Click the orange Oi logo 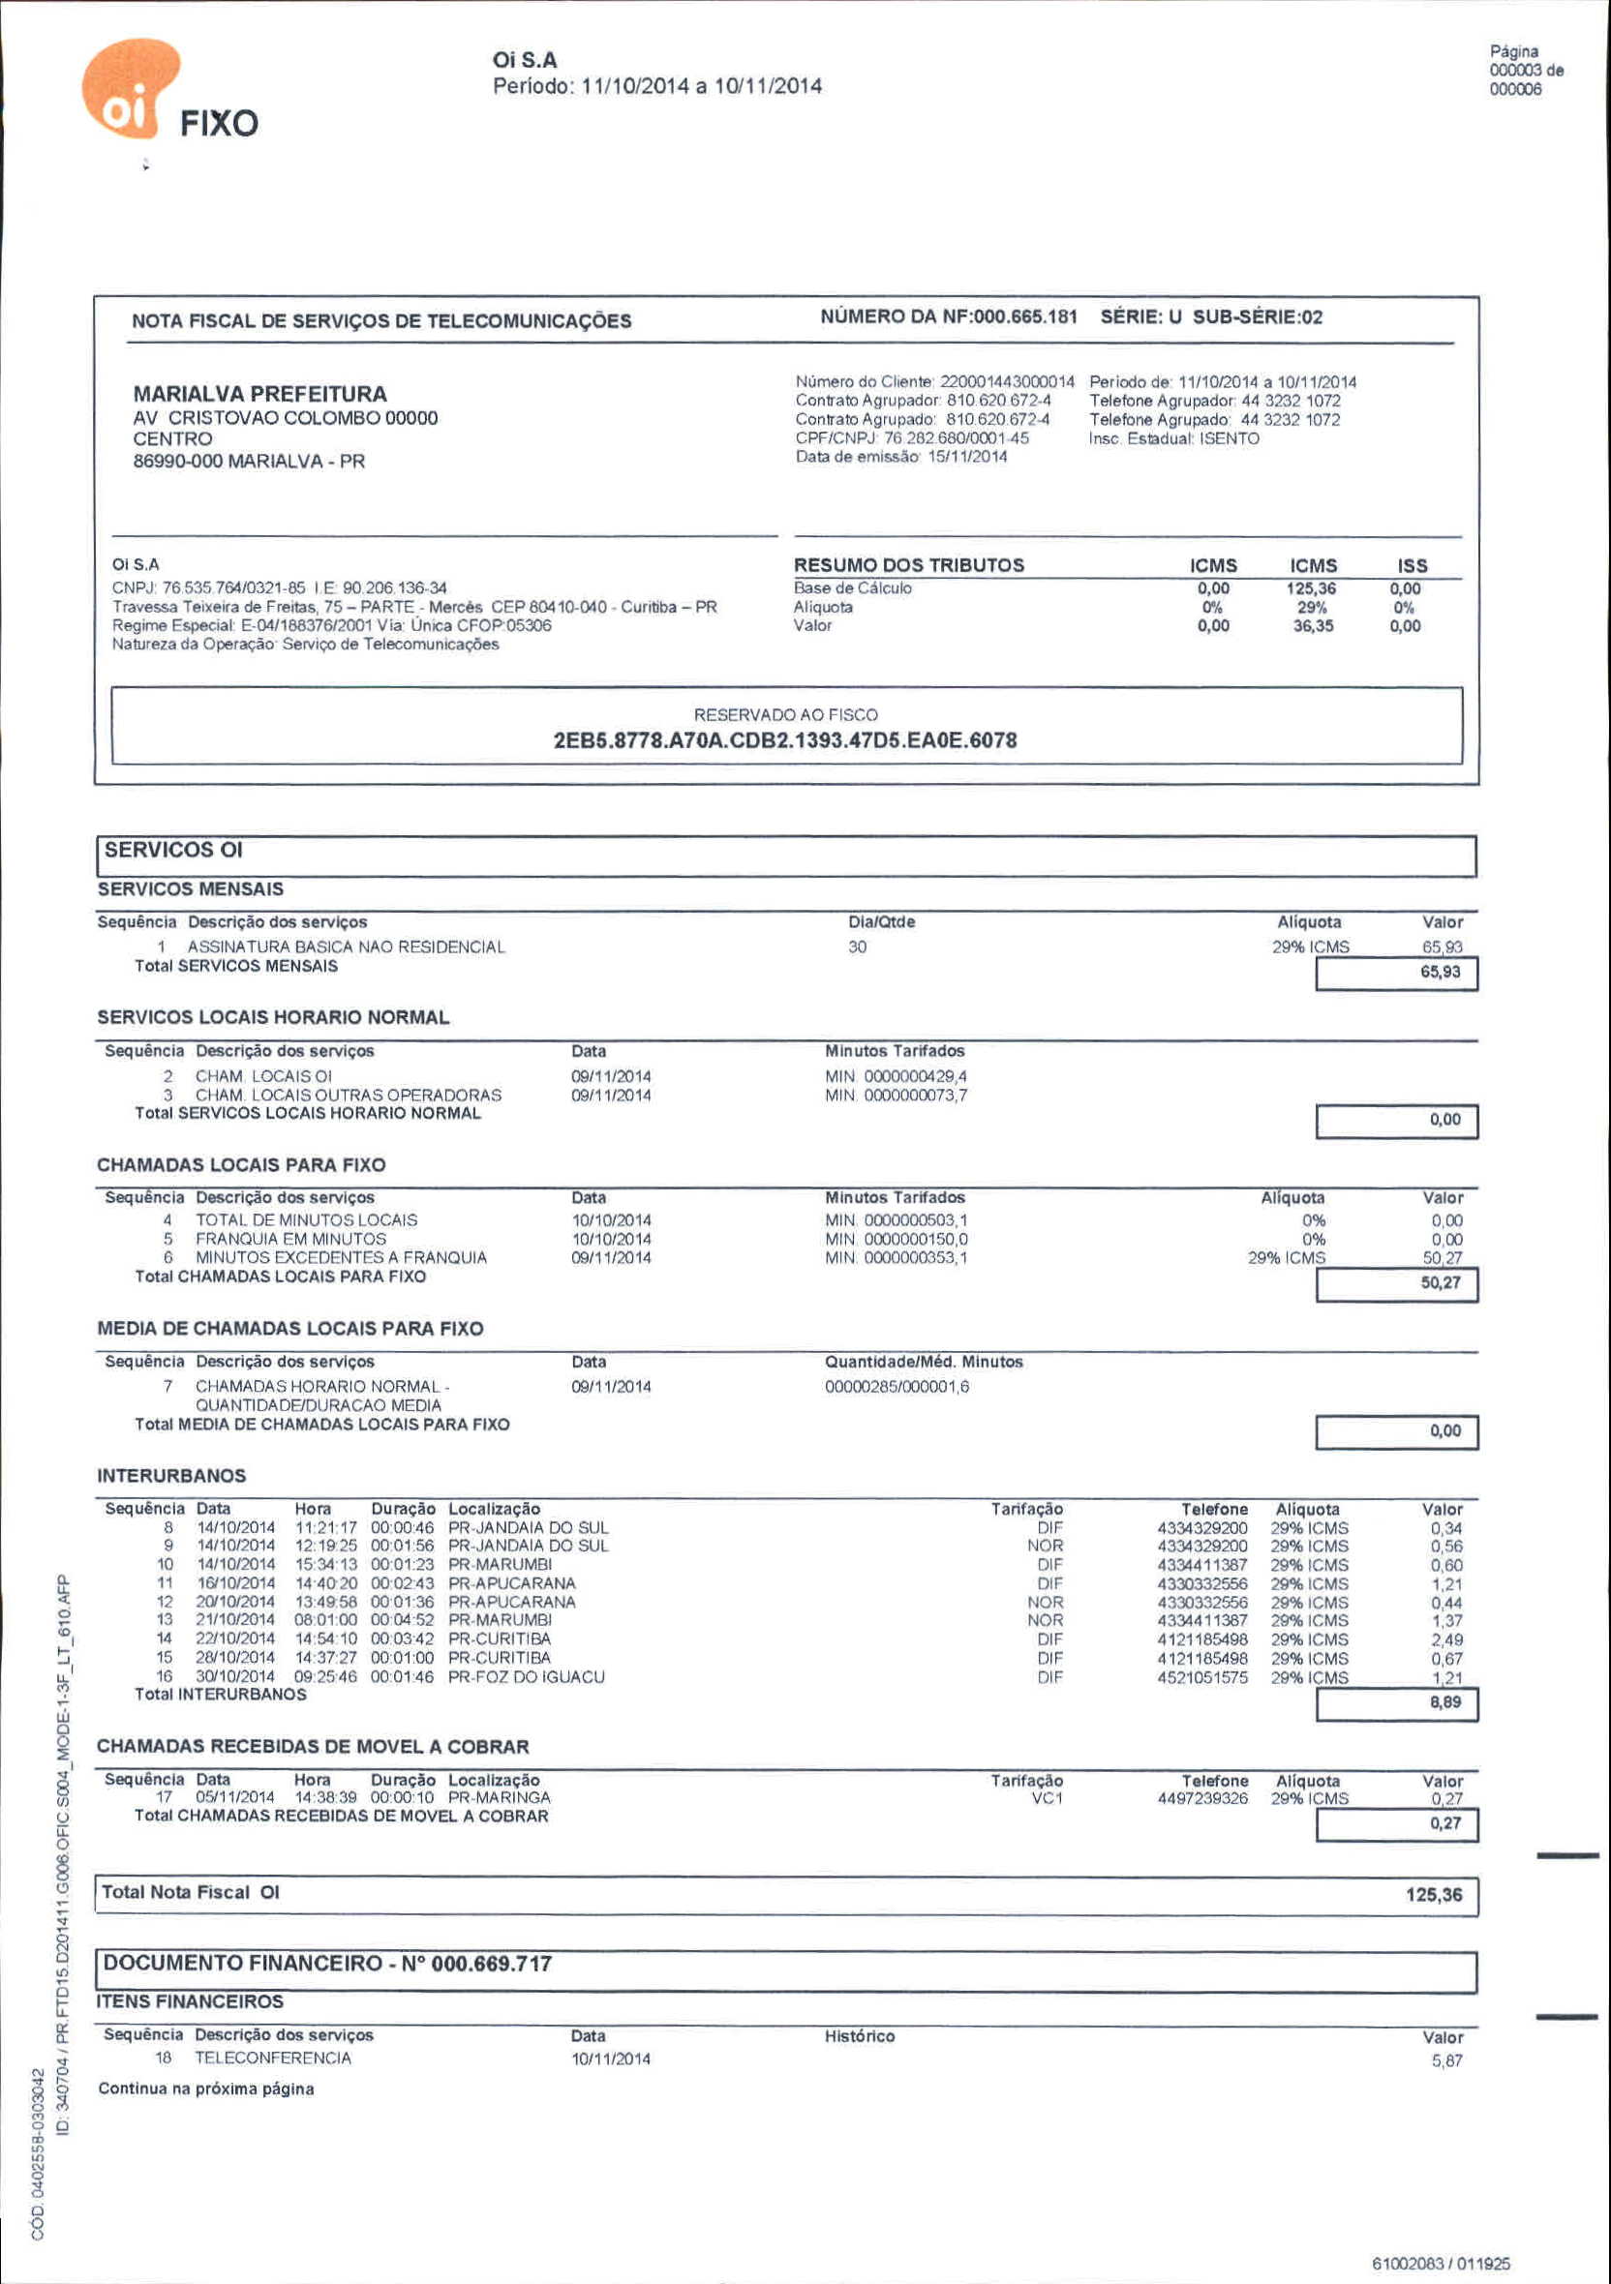coord(130,90)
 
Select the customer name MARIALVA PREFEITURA coord(259,394)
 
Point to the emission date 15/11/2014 coord(967,457)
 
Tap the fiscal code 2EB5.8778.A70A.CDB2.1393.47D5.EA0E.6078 coord(785,740)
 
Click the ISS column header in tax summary coord(1412,565)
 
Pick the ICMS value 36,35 coord(1313,626)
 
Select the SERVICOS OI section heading coord(173,851)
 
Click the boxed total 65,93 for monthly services coord(1440,972)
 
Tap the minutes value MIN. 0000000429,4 coord(896,1076)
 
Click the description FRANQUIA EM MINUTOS coord(290,1240)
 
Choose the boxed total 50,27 coord(1440,1283)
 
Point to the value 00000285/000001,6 coord(897,1387)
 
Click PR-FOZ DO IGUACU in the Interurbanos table coord(527,1677)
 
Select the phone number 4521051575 coord(1202,1677)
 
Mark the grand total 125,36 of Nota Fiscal coord(1434,1895)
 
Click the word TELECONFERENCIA coord(273,2059)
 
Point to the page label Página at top coord(1513,51)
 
